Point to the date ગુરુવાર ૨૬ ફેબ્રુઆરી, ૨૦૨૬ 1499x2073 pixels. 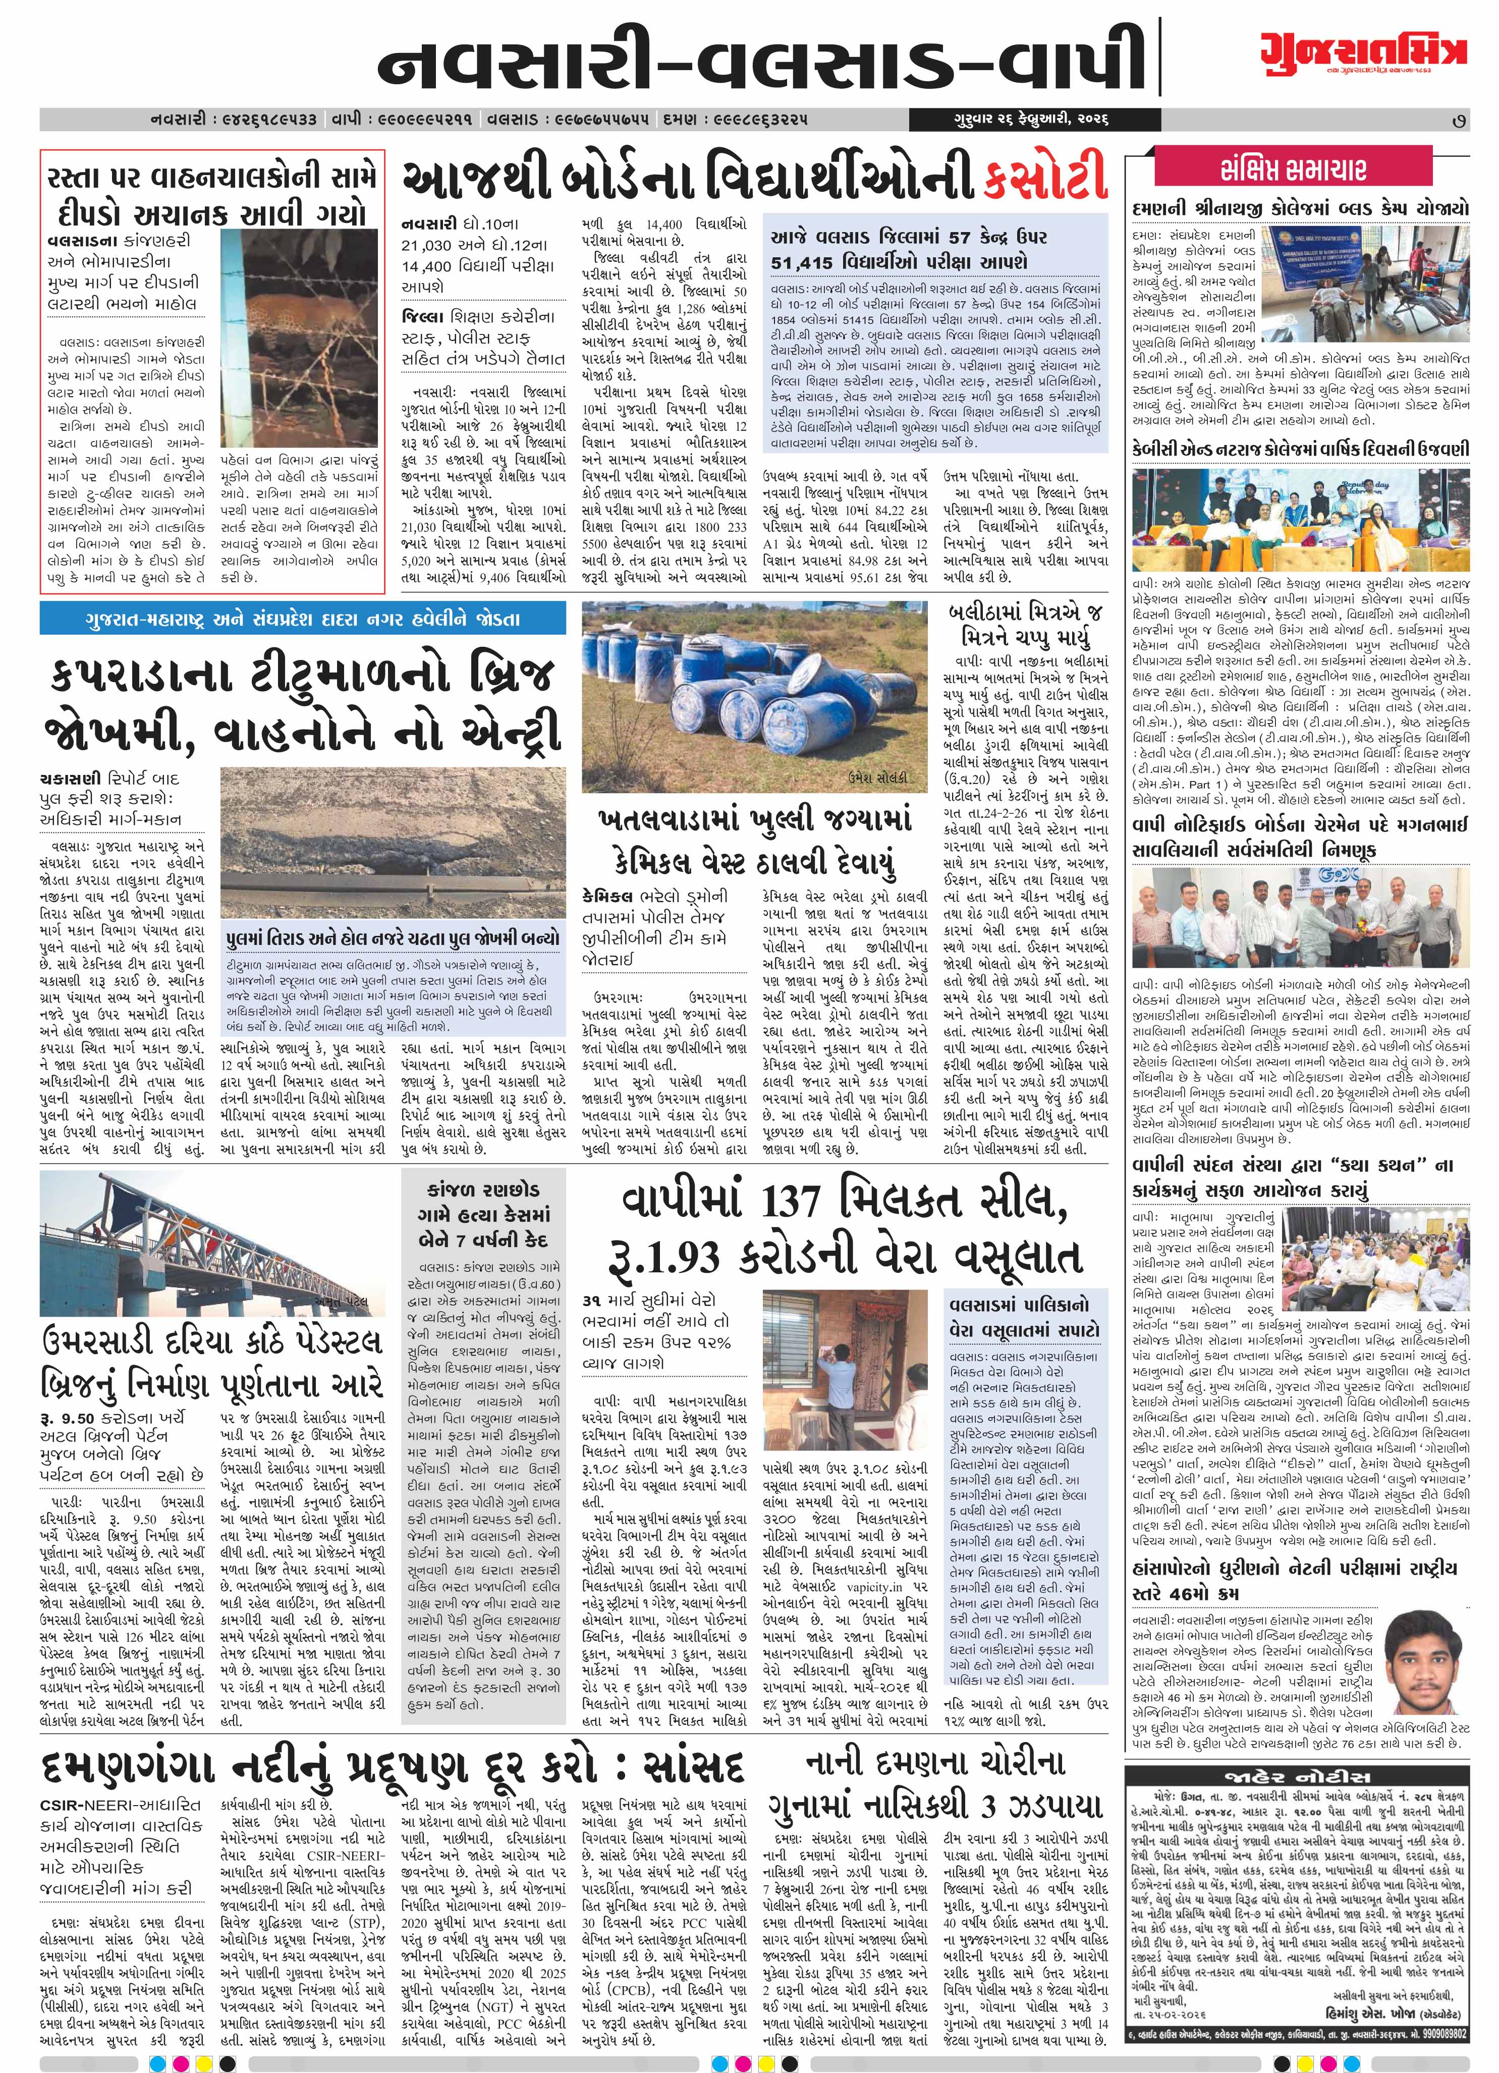tap(1007, 120)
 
